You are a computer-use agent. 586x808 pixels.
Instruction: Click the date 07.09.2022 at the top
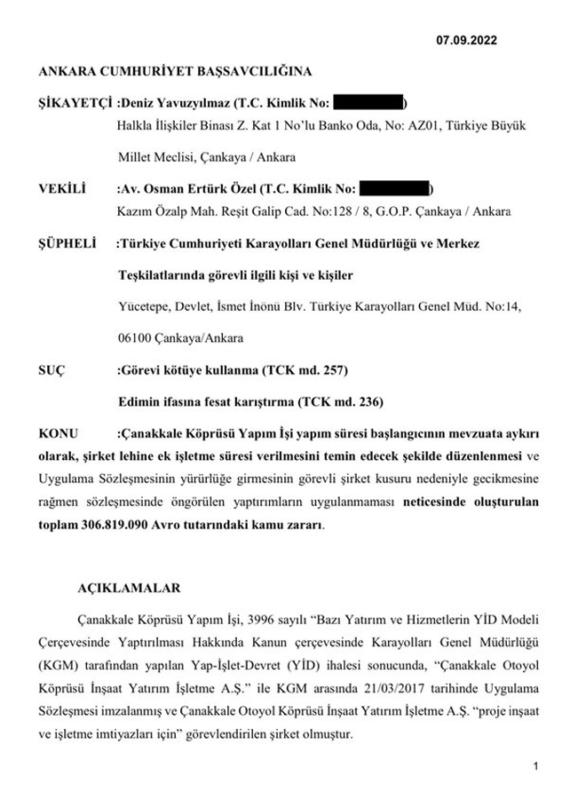click(466, 39)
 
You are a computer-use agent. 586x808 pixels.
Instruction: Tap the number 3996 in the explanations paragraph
click(239, 618)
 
